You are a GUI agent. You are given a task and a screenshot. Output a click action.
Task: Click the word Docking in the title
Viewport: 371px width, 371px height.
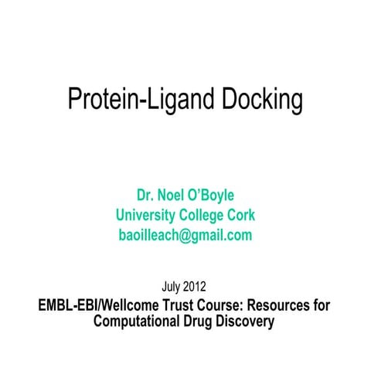point(262,100)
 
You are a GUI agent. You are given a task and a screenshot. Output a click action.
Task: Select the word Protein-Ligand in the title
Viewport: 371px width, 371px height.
point(142,100)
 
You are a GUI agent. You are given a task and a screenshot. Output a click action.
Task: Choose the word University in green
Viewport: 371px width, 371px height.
point(147,214)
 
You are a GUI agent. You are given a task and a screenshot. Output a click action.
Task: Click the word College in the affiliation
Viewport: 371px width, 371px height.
point(203,214)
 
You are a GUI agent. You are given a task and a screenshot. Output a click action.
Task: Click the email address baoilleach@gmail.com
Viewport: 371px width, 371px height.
point(185,235)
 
